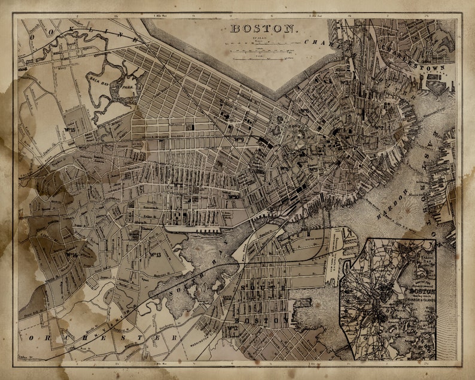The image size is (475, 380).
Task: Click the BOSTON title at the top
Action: [x=263, y=28]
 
